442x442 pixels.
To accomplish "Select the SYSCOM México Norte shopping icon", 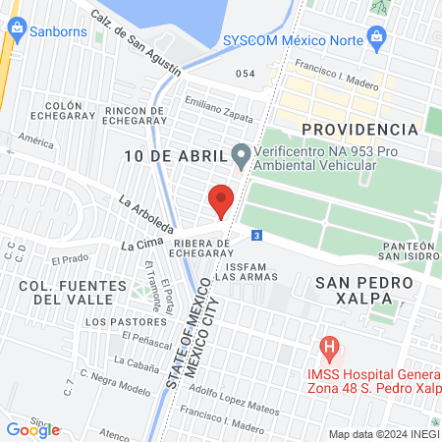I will click(374, 39).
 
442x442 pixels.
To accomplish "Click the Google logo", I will click(32, 429).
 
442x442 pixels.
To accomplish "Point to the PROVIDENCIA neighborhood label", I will click(359, 130).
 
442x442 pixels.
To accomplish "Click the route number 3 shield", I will click(256, 235).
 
